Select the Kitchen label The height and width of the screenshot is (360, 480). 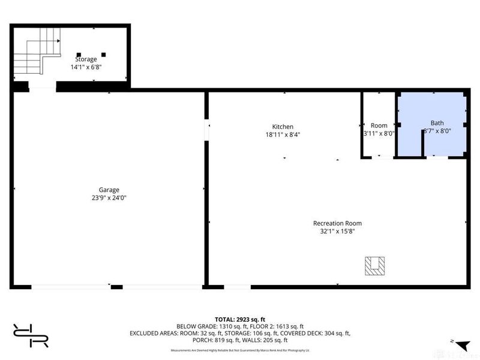(283, 127)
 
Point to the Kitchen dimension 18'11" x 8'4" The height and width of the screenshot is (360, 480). (283, 135)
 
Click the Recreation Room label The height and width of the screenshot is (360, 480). (337, 223)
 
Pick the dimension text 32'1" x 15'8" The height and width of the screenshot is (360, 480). (337, 232)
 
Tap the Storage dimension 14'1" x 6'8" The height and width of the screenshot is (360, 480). (86, 67)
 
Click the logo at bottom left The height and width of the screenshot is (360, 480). (30, 335)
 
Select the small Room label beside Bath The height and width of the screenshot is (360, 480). (379, 125)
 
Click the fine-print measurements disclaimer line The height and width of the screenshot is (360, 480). (240, 349)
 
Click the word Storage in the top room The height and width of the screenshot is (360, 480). (86, 59)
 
